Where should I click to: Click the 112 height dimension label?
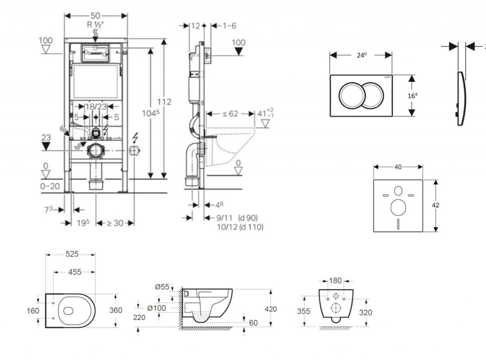click(164, 102)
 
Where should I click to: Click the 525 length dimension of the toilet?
click(72, 254)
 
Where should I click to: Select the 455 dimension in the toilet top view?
click(75, 272)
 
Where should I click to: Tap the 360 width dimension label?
click(116, 310)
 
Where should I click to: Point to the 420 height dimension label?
click(271, 309)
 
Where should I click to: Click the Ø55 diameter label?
click(162, 287)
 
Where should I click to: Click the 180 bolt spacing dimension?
click(336, 281)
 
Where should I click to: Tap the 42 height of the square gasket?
click(436, 205)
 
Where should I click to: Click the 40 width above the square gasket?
click(398, 167)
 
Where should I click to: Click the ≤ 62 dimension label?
click(231, 114)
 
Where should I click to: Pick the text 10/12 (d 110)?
click(240, 227)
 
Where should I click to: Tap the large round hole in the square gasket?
click(398, 207)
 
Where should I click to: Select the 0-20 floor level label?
click(50, 186)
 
